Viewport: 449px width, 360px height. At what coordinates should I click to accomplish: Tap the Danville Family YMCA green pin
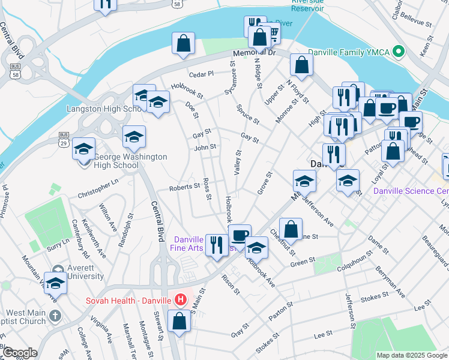coord(397,52)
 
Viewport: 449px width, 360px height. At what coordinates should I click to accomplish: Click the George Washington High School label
coord(130,161)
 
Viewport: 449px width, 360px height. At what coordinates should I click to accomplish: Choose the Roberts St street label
coord(184,187)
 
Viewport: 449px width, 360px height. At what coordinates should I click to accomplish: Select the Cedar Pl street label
coord(201,74)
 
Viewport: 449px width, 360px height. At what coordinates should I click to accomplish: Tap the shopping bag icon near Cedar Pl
coord(184,44)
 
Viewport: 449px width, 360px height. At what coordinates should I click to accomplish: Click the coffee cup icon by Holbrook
coord(240,235)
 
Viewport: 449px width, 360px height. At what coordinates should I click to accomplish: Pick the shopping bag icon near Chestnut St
coord(291,229)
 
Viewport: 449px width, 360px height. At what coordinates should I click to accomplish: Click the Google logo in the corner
coord(19,353)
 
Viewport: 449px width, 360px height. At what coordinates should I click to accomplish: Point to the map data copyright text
coord(412,355)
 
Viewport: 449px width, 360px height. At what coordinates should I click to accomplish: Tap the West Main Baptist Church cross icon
coord(54,316)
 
